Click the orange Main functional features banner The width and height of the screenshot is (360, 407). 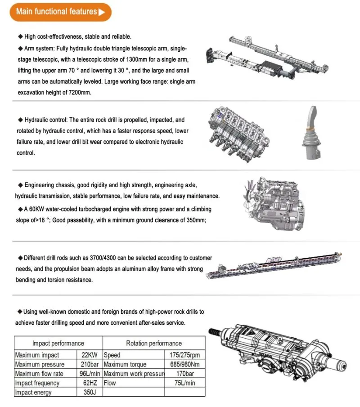click(x=60, y=12)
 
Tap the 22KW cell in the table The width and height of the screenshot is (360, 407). click(x=90, y=355)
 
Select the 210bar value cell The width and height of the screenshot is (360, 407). click(x=90, y=364)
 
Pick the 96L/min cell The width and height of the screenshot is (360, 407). click(x=90, y=374)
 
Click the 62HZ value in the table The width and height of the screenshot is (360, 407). click(x=90, y=383)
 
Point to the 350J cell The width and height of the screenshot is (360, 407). click(x=90, y=392)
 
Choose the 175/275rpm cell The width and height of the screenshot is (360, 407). click(x=184, y=355)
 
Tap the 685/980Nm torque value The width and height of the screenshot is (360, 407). click(x=184, y=364)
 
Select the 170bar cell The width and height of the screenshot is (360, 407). click(x=184, y=374)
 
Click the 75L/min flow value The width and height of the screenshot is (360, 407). click(x=184, y=383)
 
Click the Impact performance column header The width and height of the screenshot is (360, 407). click(x=58, y=343)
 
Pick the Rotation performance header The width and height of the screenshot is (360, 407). click(x=154, y=343)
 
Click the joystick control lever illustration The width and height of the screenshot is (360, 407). click(x=312, y=133)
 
